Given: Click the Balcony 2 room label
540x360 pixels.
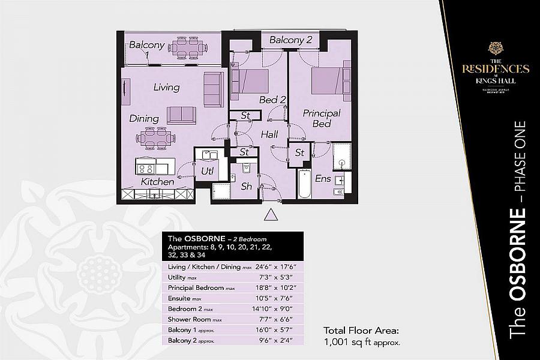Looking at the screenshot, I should click(291, 40).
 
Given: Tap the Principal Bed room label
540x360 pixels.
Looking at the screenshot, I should click(322, 118).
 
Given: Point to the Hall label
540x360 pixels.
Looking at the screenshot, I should click(269, 135).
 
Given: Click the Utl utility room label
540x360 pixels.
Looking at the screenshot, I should click(208, 172).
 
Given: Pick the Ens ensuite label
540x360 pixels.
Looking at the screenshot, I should click(323, 178).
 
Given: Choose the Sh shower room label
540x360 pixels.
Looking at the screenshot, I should click(247, 187).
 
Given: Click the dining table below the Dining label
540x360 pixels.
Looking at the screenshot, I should click(155, 137).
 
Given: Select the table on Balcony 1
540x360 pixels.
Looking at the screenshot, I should click(187, 47).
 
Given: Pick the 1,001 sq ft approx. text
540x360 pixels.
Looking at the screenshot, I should click(362, 343).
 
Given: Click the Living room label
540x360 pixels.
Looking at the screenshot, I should click(166, 87).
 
